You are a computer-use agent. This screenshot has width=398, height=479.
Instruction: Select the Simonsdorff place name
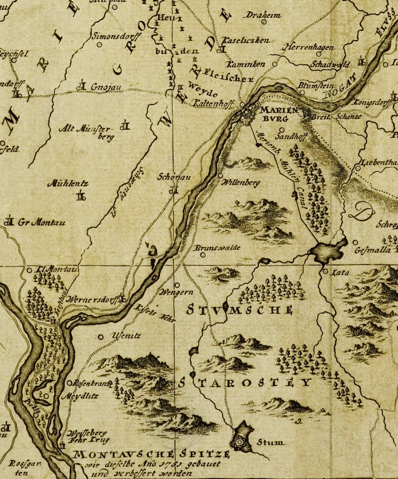click(x=116, y=36)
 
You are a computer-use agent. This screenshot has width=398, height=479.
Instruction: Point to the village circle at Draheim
click(x=264, y=22)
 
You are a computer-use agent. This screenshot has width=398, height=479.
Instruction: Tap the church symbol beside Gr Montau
click(x=9, y=222)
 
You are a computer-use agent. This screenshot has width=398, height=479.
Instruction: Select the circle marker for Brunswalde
click(x=203, y=255)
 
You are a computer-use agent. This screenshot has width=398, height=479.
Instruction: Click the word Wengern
click(x=177, y=292)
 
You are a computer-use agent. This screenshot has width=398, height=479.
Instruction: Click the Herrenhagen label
click(x=309, y=47)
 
